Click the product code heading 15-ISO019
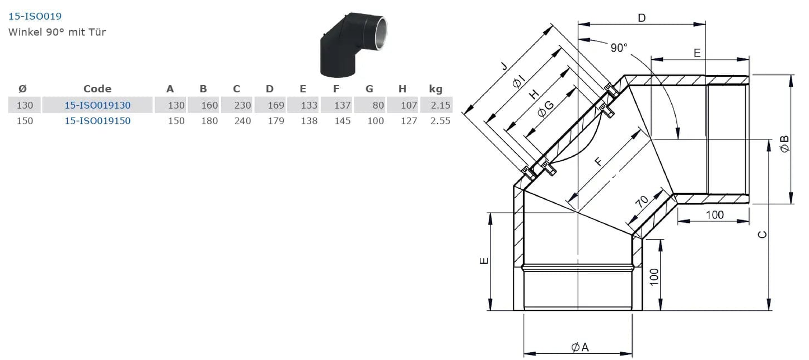pyautogui.click(x=35, y=16)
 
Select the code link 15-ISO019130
pyautogui.click(x=97, y=105)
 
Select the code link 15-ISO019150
pyautogui.click(x=97, y=120)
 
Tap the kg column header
pyautogui.click(x=436, y=88)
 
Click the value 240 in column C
pyautogui.click(x=242, y=120)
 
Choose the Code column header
pyautogui.click(x=97, y=88)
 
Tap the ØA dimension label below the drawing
pyautogui.click(x=580, y=347)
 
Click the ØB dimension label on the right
pyautogui.click(x=784, y=144)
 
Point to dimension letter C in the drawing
pyautogui.click(x=762, y=235)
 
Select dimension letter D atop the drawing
pyautogui.click(x=642, y=18)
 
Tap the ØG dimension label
pyautogui.click(x=546, y=109)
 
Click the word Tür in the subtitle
pyautogui.click(x=97, y=32)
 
